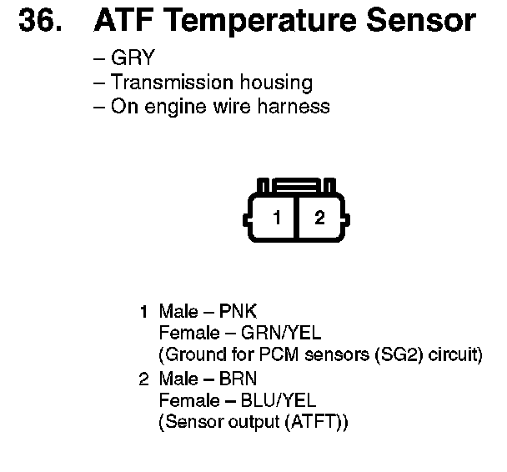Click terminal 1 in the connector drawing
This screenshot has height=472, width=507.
tap(278, 218)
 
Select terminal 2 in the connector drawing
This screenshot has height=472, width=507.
tap(319, 218)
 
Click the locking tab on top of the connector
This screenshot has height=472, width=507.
tap(297, 184)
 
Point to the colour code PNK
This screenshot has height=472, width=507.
tap(238, 312)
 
